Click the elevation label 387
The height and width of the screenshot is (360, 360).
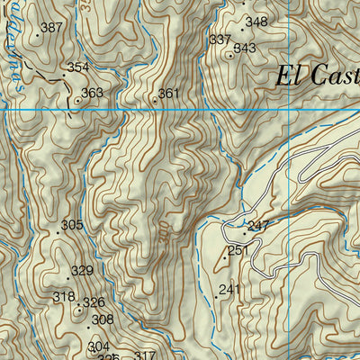(x=52, y=28)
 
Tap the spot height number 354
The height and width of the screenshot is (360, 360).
(x=78, y=67)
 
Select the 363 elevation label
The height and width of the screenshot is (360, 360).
(x=92, y=93)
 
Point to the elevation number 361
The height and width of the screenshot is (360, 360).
(x=169, y=94)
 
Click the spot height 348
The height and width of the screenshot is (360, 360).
(x=256, y=22)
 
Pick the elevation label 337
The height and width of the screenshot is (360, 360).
(x=220, y=40)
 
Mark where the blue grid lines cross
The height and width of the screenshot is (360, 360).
(x=288, y=110)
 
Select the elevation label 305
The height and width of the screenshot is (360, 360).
(x=72, y=225)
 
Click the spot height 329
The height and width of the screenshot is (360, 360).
(x=82, y=271)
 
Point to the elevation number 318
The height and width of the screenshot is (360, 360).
(x=64, y=297)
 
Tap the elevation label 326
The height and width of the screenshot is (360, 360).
(x=94, y=302)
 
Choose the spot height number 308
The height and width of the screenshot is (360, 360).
(x=103, y=319)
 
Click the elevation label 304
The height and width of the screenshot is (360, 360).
(x=98, y=346)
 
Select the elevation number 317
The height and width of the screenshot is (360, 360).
(x=145, y=355)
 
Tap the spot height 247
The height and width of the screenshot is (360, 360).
(x=259, y=225)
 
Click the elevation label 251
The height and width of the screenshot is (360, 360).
(x=238, y=250)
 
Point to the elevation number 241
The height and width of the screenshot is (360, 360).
(x=230, y=289)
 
